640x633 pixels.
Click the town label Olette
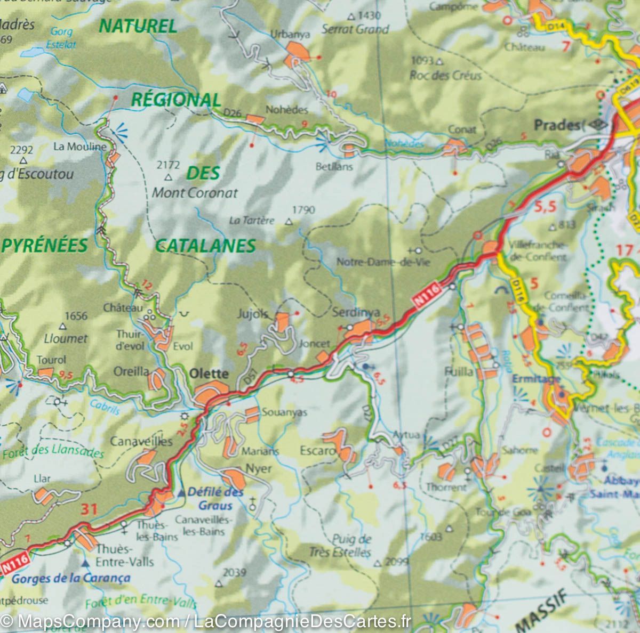click(209, 374)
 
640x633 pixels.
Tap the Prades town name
click(557, 125)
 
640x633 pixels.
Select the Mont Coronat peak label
click(195, 193)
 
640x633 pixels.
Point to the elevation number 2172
click(169, 166)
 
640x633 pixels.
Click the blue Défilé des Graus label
click(215, 499)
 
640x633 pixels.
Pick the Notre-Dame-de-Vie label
click(383, 262)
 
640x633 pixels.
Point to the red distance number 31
click(89, 509)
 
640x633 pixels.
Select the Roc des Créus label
click(445, 75)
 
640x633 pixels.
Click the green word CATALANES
click(205, 246)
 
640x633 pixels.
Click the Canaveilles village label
click(141, 441)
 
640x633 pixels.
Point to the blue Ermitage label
click(529, 379)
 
